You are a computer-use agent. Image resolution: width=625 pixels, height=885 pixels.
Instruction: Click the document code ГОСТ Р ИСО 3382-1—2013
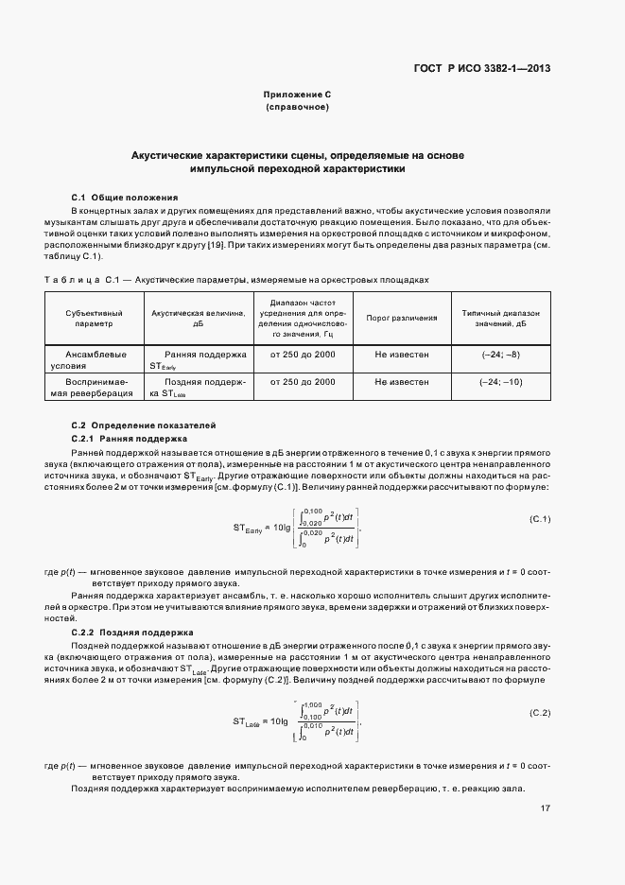482,68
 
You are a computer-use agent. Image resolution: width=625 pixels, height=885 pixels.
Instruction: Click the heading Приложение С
297,95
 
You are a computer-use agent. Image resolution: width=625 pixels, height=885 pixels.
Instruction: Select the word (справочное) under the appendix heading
297,108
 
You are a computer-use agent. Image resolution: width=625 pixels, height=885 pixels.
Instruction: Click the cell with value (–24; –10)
500,382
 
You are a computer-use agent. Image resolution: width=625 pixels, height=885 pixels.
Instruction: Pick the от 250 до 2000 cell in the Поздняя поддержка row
303,382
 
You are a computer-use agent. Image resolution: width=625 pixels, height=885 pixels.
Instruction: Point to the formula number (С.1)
540,519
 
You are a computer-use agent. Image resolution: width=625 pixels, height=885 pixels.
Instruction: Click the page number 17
546,807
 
